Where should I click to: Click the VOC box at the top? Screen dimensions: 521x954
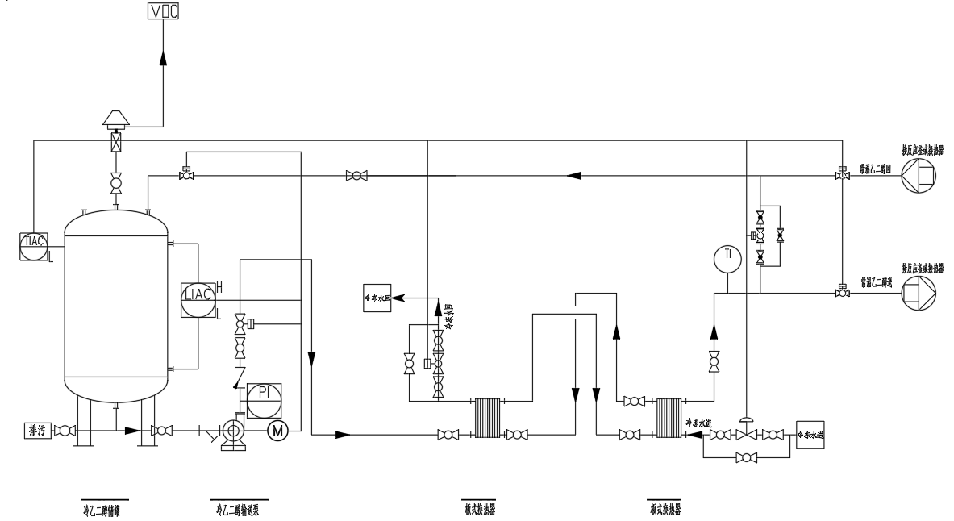163,11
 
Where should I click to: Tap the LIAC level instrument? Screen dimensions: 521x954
198,294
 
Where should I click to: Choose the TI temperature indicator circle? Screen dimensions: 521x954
727,256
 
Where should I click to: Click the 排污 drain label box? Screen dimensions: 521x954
36,432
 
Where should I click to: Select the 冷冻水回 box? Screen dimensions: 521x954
378,298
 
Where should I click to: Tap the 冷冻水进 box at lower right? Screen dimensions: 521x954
811,434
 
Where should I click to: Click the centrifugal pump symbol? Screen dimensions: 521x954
232,431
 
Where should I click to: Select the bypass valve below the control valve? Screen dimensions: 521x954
747,457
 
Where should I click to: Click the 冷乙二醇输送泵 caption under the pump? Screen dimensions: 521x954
238,509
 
